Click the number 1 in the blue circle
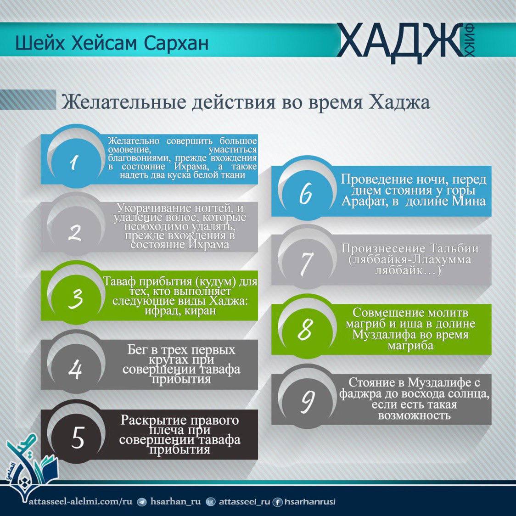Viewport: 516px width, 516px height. tap(75, 162)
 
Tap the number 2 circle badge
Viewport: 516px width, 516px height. tap(75, 232)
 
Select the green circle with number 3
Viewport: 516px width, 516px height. tap(76, 298)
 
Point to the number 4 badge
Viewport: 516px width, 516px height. tap(76, 369)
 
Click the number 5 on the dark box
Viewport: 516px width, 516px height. tap(78, 437)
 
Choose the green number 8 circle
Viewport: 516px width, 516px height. tap(305, 329)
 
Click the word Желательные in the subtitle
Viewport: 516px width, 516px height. tap(123, 102)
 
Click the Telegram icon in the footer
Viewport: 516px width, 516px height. tap(141, 502)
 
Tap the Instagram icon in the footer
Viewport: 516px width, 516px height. tap(210, 502)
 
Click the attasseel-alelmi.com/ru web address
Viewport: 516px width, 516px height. tap(81, 501)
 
